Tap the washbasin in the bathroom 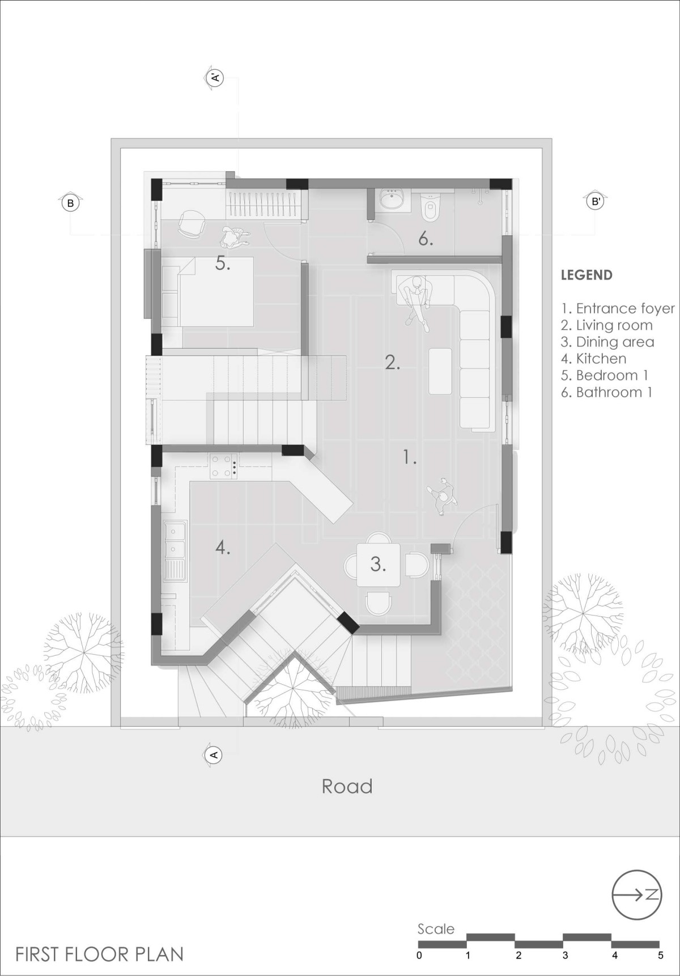(390, 200)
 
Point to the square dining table (378, 565)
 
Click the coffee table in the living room (440, 371)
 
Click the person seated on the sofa (416, 299)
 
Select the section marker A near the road (214, 754)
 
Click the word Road (347, 786)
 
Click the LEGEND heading (586, 275)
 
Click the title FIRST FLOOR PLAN (100, 954)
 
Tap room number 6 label (426, 239)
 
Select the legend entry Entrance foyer (618, 309)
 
